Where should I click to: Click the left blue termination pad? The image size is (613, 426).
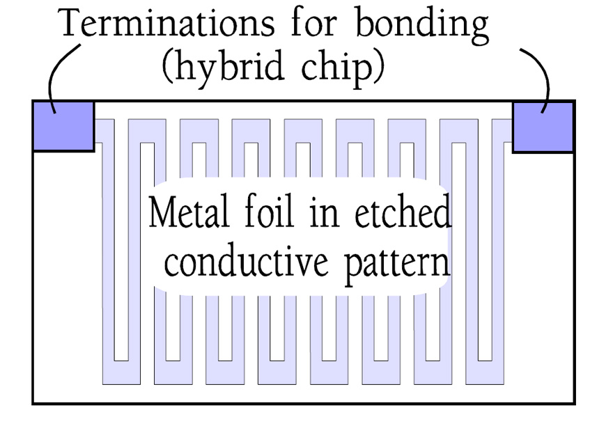[63, 126]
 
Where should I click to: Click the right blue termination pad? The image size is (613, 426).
[543, 127]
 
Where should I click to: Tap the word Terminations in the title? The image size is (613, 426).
[167, 23]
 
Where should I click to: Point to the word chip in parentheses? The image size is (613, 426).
[336, 68]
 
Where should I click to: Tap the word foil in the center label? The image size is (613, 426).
[269, 211]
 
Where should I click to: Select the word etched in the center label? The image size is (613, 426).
[403, 211]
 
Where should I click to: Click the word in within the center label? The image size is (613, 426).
[324, 214]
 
